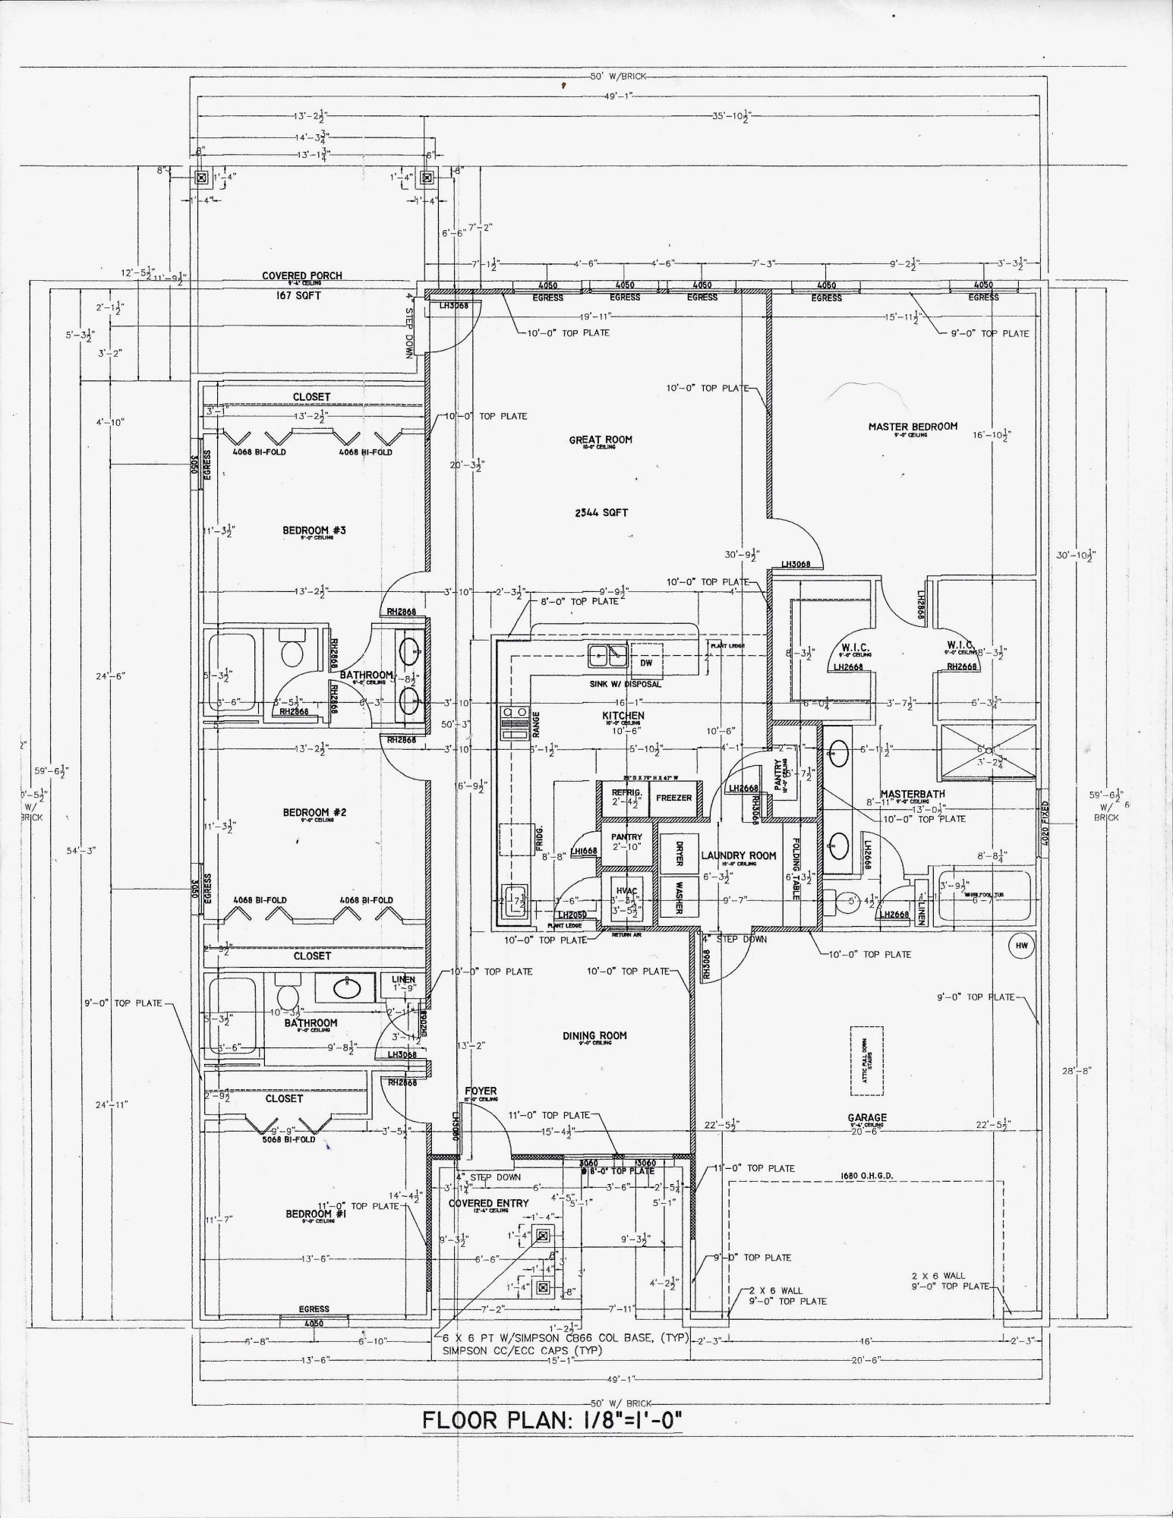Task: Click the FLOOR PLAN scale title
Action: pos(553,1419)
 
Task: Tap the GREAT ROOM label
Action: pos(601,439)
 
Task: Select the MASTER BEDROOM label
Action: pos(913,427)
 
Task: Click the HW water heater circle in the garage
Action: pos(1021,945)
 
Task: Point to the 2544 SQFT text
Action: pos(601,512)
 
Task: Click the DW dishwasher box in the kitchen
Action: pos(646,663)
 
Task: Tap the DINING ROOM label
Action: pos(595,1036)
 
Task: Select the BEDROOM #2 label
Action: pos(314,813)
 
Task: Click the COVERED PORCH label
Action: pos(302,276)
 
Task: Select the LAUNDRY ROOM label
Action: pos(738,855)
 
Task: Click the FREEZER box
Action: pos(673,798)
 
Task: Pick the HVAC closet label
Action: pos(626,890)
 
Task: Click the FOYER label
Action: pos(481,1091)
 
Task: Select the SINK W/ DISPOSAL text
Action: pos(625,684)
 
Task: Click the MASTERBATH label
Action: pos(913,795)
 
